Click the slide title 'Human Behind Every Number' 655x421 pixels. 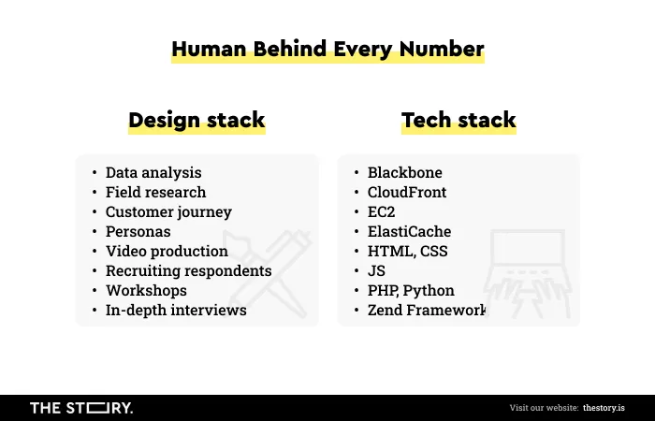pos(327,50)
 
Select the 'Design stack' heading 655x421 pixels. pos(196,121)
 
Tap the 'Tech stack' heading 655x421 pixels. pos(458,120)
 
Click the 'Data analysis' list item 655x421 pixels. pos(153,172)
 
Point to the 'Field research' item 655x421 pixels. pos(156,192)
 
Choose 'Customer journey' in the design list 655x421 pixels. pos(168,211)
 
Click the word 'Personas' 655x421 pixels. pos(138,231)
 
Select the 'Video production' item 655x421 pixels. pos(167,251)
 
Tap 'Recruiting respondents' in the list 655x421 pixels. pos(189,270)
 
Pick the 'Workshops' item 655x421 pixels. pos(146,290)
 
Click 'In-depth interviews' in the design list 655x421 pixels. pos(176,310)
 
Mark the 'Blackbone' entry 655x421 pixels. pos(405,172)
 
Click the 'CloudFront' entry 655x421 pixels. pos(407,192)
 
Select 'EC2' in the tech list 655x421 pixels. pos(381,211)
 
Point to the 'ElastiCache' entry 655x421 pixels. pos(410,231)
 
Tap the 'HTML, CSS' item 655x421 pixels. pos(408,251)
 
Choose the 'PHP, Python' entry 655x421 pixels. pos(411,290)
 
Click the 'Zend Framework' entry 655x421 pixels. pos(427,310)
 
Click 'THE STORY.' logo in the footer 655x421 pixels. pos(81,408)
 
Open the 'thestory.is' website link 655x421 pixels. pos(604,408)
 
